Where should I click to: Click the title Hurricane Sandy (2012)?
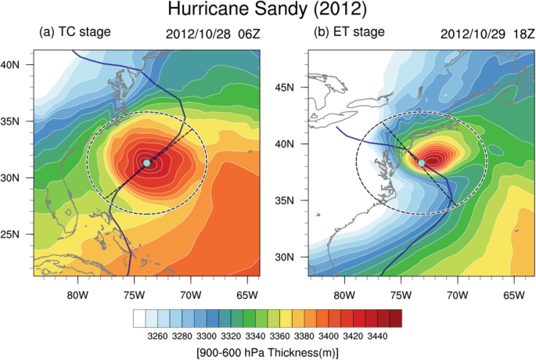(x=268, y=11)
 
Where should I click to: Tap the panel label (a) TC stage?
(x=75, y=32)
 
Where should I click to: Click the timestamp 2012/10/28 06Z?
(x=212, y=34)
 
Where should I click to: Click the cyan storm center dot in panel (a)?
(x=146, y=163)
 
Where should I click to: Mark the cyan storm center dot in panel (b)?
(x=421, y=163)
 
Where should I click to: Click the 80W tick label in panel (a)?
(x=76, y=294)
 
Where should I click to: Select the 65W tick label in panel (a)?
(x=247, y=294)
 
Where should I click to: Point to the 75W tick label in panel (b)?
(x=400, y=294)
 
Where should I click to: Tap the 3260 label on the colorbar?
(x=156, y=334)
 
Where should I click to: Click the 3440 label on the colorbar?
(x=377, y=334)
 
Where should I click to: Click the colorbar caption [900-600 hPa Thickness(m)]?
(x=268, y=351)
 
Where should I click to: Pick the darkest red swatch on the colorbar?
(x=396, y=317)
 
